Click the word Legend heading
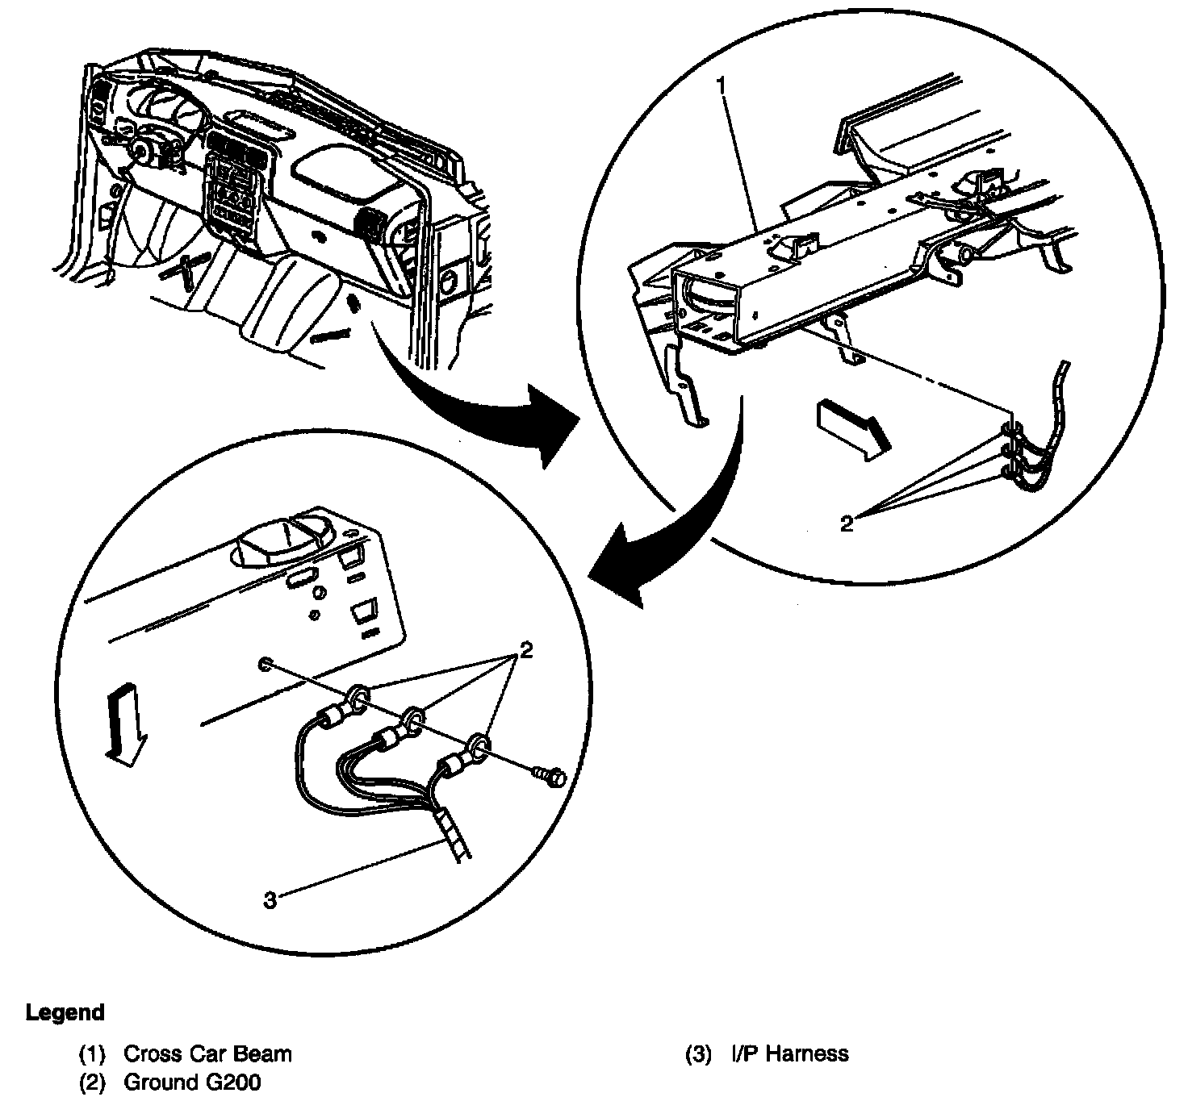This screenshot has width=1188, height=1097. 65,1012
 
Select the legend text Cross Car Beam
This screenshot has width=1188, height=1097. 207,1053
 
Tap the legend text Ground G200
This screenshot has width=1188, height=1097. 192,1082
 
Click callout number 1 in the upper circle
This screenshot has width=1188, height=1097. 723,84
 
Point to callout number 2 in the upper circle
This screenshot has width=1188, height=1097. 846,523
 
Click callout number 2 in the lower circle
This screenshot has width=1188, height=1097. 526,650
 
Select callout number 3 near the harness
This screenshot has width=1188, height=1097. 270,899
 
